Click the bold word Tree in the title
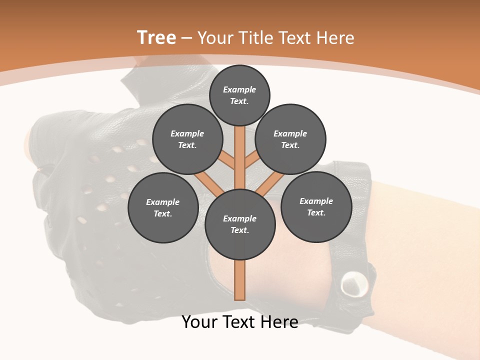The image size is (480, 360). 156,37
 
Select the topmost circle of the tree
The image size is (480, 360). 239,95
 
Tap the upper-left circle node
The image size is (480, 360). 187,139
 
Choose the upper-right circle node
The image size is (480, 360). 290,139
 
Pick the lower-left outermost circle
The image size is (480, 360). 163,207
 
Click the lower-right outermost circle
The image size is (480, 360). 316,206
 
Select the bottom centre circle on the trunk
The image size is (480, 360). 240,224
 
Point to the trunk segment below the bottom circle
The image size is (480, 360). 240,280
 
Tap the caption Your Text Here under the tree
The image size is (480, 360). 240,322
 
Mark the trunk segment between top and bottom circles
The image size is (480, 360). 240,157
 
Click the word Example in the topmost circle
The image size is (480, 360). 239,89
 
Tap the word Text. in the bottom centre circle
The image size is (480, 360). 239,230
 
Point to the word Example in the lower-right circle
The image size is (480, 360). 316,201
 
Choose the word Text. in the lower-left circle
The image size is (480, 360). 163,213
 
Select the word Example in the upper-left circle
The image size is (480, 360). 187,133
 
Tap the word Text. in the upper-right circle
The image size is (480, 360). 290,145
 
